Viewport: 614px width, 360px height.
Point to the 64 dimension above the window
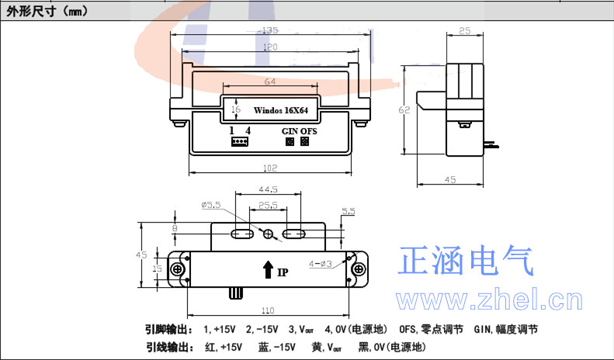[269, 81]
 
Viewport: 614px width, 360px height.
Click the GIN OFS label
[299, 131]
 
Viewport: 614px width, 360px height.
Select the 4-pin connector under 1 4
[238, 142]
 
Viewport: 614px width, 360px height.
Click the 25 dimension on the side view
[466, 31]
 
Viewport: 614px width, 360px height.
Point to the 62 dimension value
[405, 110]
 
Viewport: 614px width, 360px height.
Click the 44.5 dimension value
[269, 189]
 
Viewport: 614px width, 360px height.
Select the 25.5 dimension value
[269, 206]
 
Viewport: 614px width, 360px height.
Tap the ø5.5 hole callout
[211, 205]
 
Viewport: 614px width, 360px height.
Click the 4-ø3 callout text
[321, 263]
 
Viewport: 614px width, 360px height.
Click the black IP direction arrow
[268, 270]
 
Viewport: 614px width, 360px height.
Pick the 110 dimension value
[269, 308]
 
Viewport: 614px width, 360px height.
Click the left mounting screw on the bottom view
[179, 268]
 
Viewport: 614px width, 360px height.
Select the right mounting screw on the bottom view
[358, 268]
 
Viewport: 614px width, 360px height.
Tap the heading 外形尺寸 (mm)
[47, 11]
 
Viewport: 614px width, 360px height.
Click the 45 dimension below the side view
[450, 180]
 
